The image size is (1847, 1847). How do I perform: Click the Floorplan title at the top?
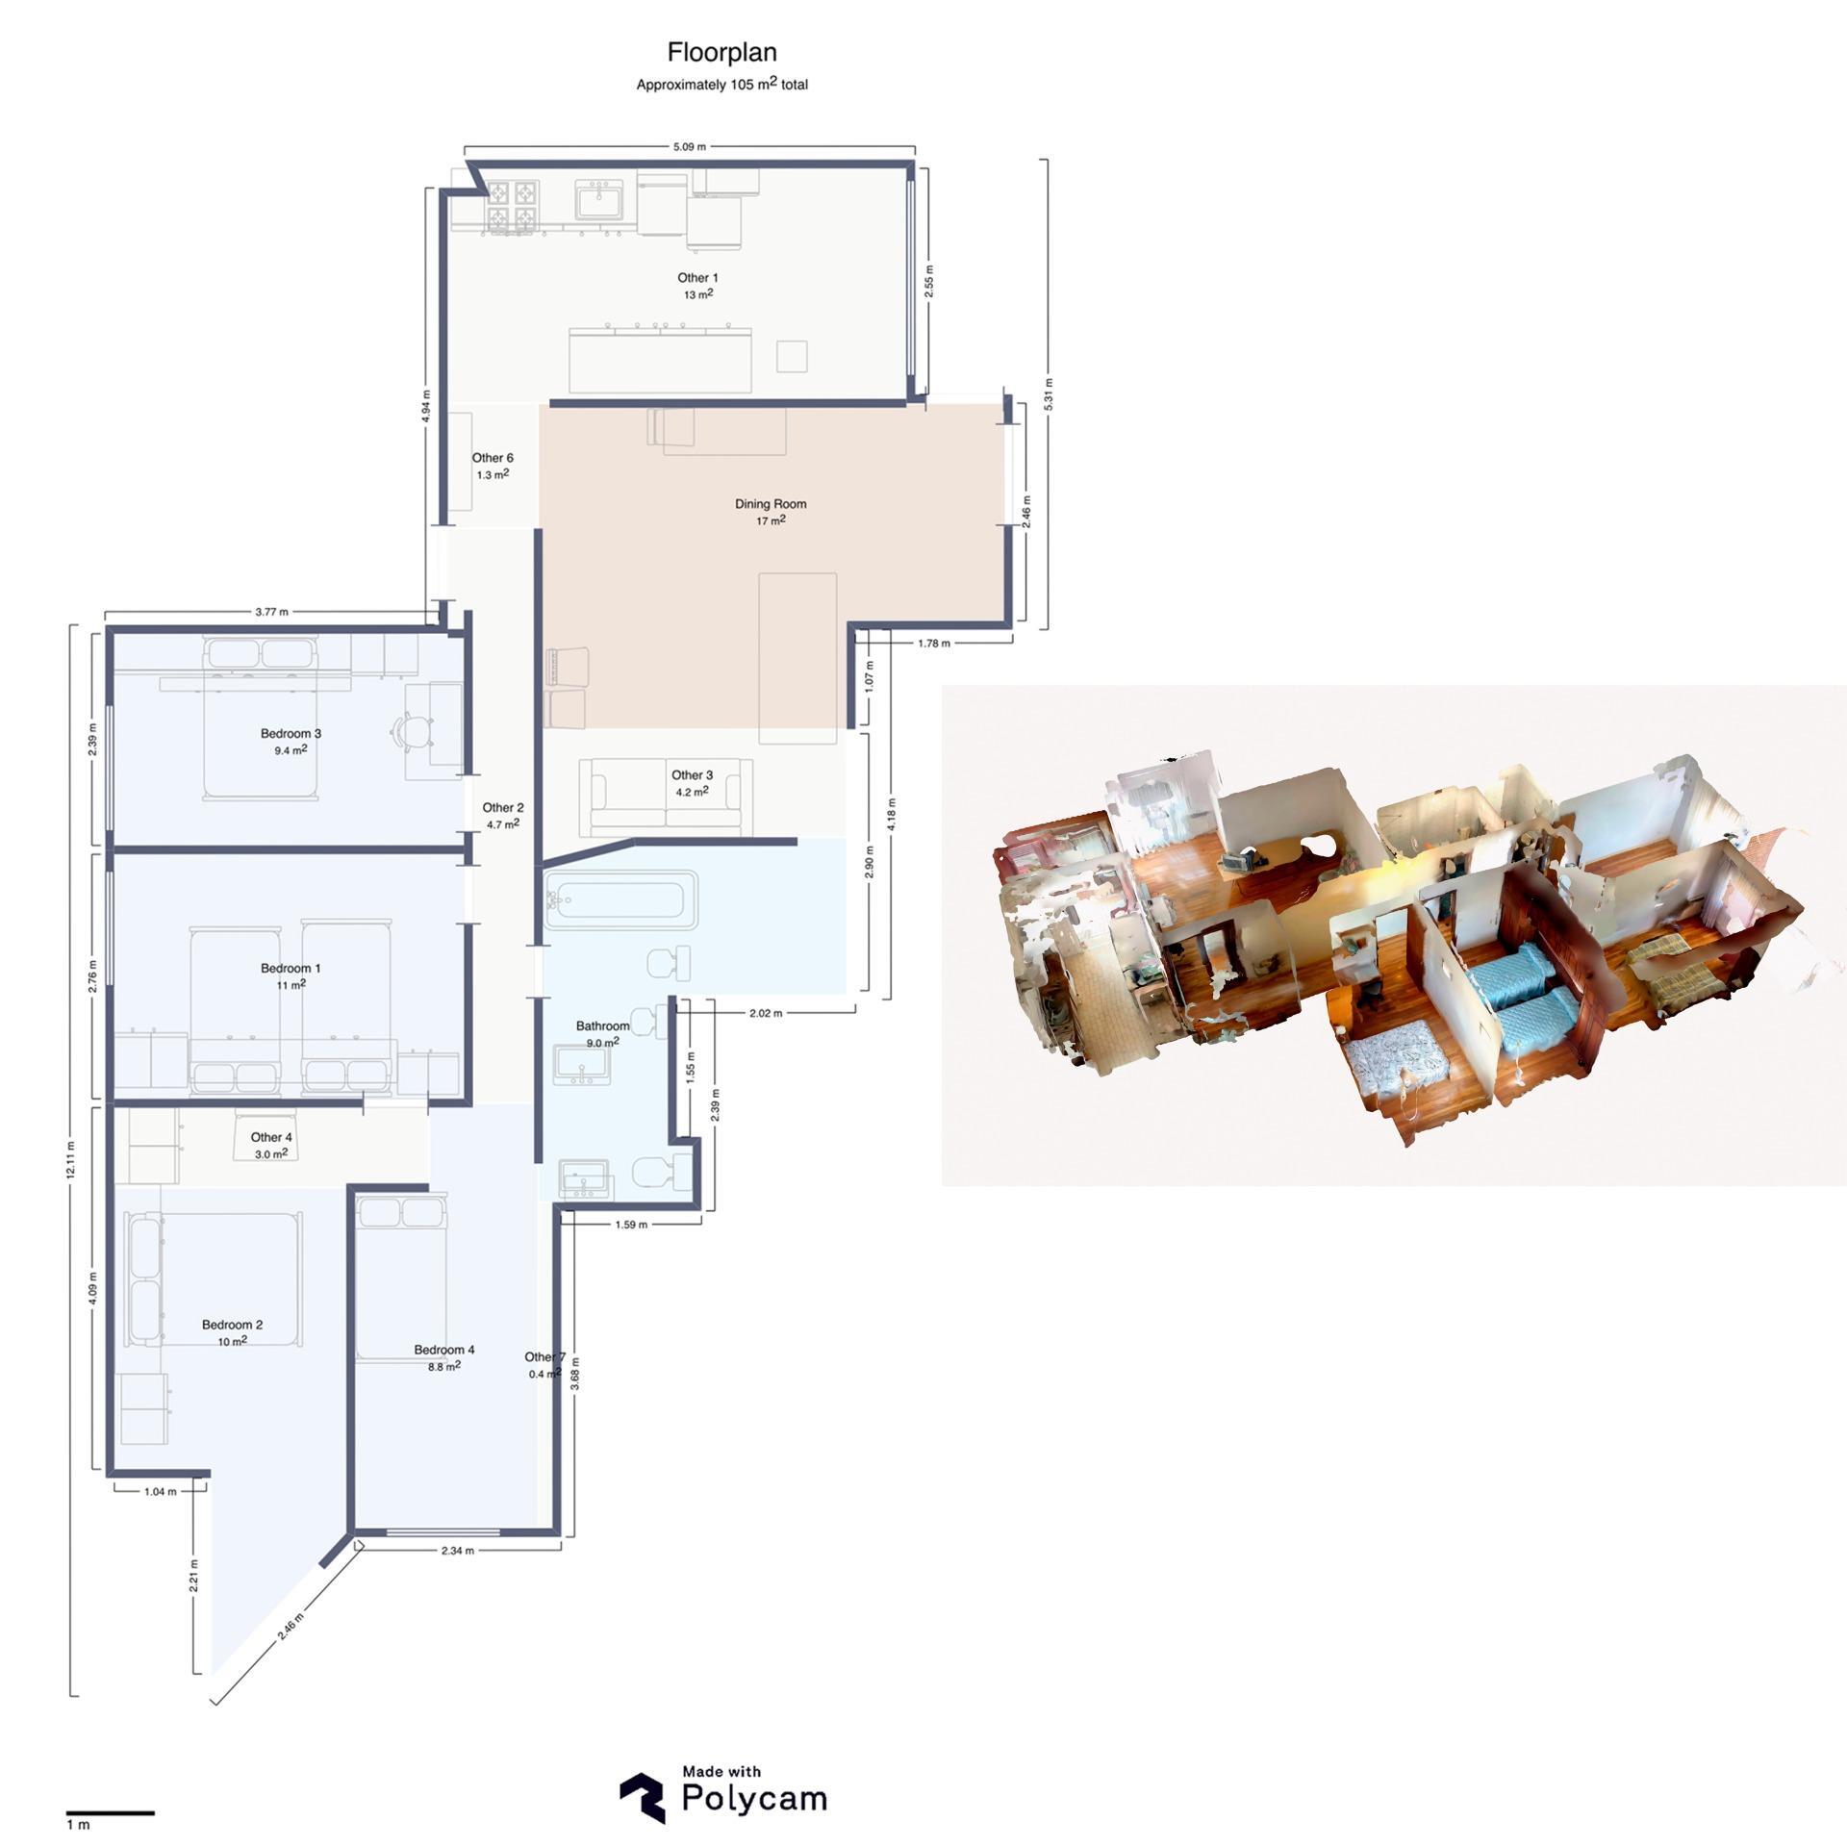[721, 52]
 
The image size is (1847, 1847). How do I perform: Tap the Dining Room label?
[771, 504]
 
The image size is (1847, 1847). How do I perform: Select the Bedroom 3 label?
[291, 734]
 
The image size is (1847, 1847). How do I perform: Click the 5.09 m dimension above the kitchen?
[689, 147]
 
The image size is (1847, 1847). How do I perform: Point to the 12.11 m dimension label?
[71, 1161]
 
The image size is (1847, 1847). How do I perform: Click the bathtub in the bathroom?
[620, 900]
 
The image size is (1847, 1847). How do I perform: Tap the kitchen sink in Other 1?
[600, 204]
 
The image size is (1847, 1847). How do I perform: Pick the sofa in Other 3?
[666, 798]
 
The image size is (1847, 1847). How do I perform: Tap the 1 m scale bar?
[111, 1813]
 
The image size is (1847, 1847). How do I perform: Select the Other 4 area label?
[271, 1138]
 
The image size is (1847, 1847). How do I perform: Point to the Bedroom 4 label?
[443, 1350]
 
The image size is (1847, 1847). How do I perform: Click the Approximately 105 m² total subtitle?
[721, 85]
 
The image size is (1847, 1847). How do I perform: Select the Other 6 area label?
[492, 458]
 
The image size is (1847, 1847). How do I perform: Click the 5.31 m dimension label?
[1048, 394]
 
